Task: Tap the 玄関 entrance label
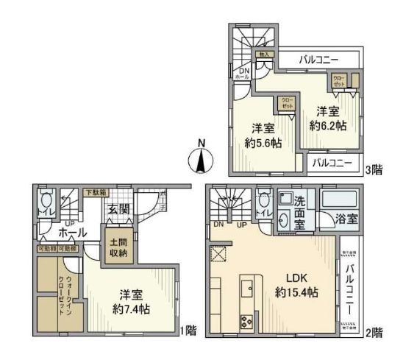point(120,210)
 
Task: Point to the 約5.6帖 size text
point(260,135)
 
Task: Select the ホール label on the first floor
point(53,232)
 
